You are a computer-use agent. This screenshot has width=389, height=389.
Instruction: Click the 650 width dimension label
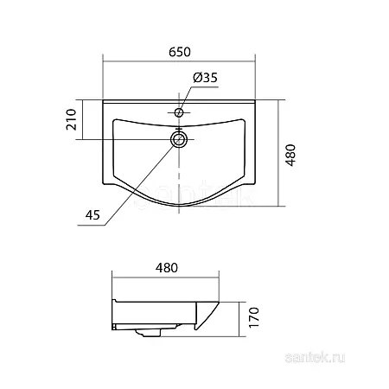(x=180, y=52)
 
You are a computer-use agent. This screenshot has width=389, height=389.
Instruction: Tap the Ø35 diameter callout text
(x=205, y=78)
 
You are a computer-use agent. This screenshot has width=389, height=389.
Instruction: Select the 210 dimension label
(x=72, y=119)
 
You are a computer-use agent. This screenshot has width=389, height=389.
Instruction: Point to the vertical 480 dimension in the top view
(x=291, y=155)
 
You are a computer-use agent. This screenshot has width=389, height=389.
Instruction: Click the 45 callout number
(x=92, y=215)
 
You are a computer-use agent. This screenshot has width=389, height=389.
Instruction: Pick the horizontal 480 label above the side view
(x=167, y=268)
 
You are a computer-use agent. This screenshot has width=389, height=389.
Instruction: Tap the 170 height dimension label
(x=253, y=317)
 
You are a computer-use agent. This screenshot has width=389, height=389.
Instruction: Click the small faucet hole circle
(x=179, y=112)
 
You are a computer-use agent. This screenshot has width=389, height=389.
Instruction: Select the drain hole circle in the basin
(x=179, y=139)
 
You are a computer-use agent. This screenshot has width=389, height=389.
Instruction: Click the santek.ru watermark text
(x=315, y=358)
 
